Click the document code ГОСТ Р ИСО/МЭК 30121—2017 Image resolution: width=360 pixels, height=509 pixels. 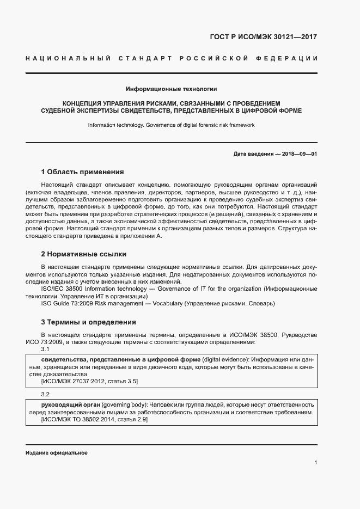tap(263, 37)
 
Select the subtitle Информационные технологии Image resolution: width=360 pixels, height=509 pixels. tap(171, 88)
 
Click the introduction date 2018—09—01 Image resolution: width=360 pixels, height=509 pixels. tap(298, 154)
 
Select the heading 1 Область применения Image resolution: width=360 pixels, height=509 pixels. tap(83, 171)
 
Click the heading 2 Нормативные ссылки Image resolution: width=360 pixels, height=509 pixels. tap(84, 254)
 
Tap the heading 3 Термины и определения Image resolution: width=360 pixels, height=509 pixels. tap(88, 322)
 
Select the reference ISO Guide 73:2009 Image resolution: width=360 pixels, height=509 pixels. tap(69, 303)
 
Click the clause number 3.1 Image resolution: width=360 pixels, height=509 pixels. tap(46, 349)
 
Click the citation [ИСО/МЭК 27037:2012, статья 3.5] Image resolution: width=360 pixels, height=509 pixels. tap(89, 382)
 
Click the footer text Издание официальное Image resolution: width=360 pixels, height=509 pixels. tap(57, 453)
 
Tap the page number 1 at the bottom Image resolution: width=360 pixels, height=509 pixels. tap(315, 462)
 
